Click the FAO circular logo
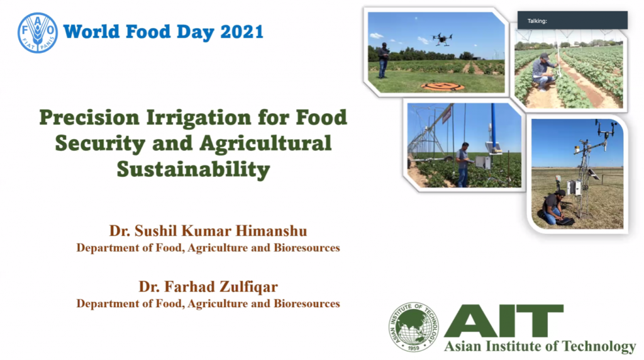click(37, 33)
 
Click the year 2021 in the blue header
click(241, 32)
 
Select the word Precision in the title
click(89, 118)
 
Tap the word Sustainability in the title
click(193, 169)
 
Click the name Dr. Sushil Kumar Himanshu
click(208, 231)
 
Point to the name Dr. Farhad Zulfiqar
click(208, 286)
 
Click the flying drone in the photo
click(442, 39)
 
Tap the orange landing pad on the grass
click(443, 86)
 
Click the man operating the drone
click(383, 60)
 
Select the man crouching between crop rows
click(543, 72)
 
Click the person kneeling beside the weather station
click(554, 208)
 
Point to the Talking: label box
click(572, 20)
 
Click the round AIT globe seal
click(414, 327)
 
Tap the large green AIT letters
click(504, 320)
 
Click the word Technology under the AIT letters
click(599, 346)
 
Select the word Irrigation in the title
click(198, 118)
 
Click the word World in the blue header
click(91, 32)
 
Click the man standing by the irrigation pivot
click(464, 164)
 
